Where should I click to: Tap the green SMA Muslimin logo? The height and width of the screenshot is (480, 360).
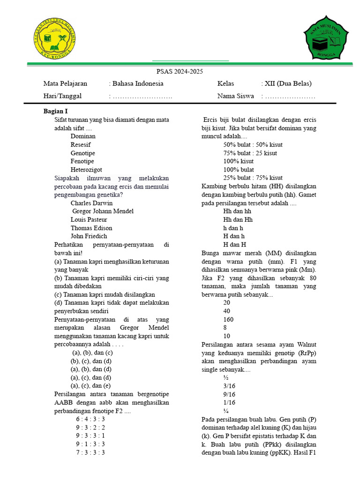pos(327,41)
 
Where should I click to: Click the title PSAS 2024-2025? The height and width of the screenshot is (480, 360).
pos(180,72)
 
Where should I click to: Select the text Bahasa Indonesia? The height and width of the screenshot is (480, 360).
pos(137,83)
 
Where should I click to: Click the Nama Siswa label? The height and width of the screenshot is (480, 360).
pos(235,96)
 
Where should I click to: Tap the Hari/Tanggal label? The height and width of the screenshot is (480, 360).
pos(62,96)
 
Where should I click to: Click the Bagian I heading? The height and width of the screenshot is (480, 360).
pos(56,111)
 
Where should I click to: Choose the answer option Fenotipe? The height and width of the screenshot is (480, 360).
pos(83,161)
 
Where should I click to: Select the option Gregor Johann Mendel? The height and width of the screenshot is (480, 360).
pos(103,211)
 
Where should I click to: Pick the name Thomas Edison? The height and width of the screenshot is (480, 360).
pos(91,228)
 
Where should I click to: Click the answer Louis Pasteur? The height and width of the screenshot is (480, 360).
pos(89,220)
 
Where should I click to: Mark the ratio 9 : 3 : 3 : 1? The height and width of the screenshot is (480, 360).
pos(90,435)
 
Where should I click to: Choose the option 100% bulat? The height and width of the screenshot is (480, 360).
pos(239,170)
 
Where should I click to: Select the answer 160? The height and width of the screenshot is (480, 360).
pos(228,320)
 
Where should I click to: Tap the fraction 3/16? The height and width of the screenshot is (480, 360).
pos(229,386)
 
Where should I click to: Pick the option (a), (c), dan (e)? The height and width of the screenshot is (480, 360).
pos(90,386)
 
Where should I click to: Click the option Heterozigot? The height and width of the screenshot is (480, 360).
pos(86,170)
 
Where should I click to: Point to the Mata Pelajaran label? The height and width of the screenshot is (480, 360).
pos(65,83)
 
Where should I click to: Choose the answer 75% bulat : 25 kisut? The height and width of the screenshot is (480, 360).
pos(250,153)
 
